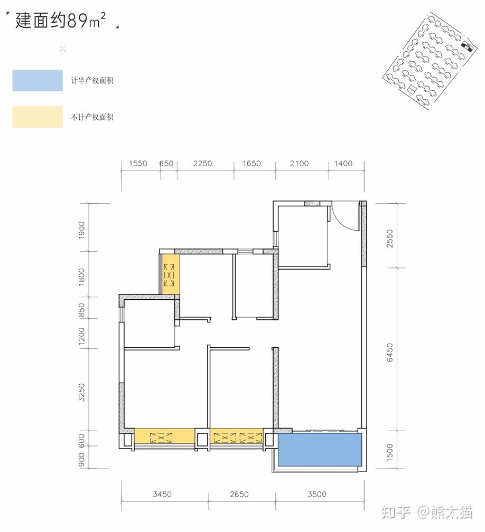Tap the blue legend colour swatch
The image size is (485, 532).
(38, 80)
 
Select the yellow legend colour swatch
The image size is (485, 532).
(38, 117)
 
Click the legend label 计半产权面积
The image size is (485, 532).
(92, 81)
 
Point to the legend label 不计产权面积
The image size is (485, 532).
(92, 117)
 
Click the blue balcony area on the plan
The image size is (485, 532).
(320, 450)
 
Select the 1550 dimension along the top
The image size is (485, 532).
(138, 164)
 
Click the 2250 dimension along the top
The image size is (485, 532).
(202, 164)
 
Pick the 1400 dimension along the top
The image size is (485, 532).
(343, 164)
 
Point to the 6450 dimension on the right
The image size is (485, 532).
(389, 353)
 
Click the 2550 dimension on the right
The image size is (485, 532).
(389, 239)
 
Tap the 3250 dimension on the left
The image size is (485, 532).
(81, 393)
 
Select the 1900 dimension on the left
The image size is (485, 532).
(81, 230)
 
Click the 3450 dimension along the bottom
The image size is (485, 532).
(162, 495)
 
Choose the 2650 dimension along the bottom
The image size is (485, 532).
(239, 495)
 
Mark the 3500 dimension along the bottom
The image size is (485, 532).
(317, 495)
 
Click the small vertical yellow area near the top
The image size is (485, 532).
(170, 274)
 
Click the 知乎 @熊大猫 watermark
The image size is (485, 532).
(427, 512)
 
